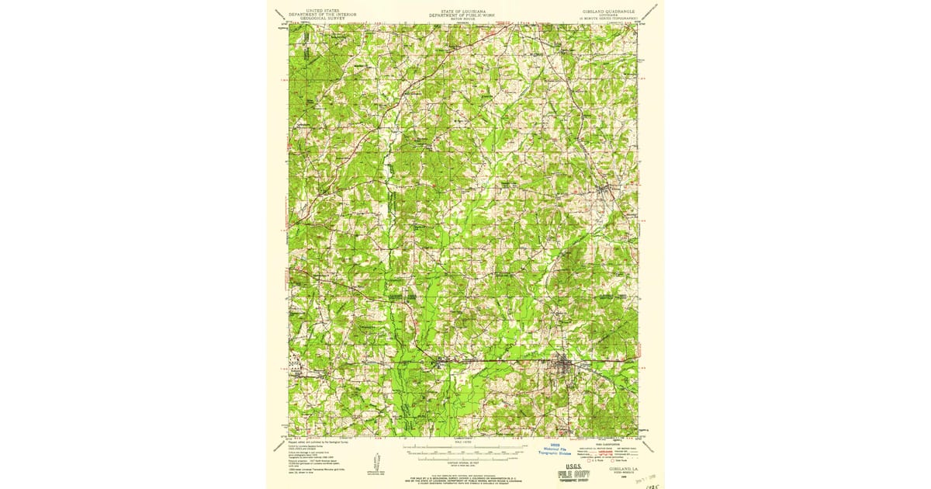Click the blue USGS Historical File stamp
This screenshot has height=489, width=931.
[554, 450]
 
